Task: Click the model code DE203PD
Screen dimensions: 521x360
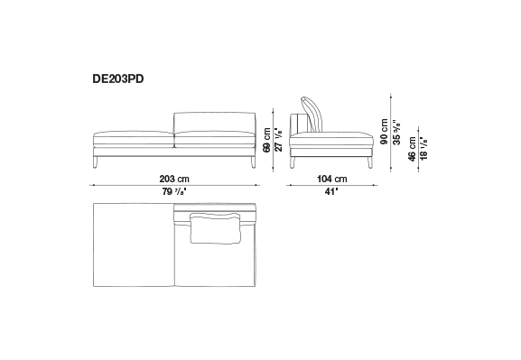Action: tap(118, 79)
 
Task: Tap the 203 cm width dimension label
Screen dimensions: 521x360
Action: tap(174, 179)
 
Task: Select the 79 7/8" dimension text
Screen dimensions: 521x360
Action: tap(174, 191)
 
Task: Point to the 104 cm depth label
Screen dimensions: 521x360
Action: tap(332, 179)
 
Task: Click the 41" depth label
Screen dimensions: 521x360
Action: tap(331, 191)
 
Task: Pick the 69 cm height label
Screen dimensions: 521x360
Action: tap(266, 140)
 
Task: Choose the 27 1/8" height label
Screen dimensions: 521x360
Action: tap(279, 140)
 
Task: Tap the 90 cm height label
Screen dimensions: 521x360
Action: tap(384, 132)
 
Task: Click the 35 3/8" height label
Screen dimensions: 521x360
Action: tap(396, 132)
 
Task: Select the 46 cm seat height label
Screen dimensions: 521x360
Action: tap(412, 149)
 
